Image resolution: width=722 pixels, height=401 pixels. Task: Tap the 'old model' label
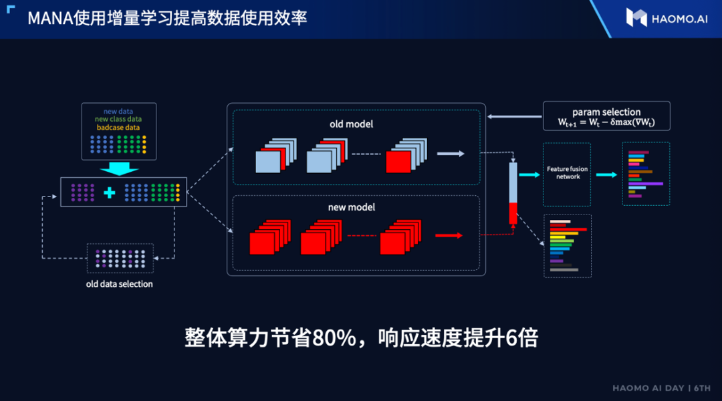coord(351,124)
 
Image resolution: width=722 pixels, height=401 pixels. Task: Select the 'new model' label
coord(351,207)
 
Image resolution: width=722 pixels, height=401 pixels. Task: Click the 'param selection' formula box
coord(606,117)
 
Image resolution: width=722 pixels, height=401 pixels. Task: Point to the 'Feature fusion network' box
coord(567,173)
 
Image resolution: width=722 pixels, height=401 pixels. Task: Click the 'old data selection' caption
coord(120,284)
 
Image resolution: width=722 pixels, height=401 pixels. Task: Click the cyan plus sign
coord(110,192)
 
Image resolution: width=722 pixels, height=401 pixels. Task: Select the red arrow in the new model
coord(449,235)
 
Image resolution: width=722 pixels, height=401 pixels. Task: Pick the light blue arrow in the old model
coord(450,154)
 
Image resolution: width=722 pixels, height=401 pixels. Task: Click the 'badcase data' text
coord(118,127)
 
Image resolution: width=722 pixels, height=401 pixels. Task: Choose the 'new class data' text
coord(118,119)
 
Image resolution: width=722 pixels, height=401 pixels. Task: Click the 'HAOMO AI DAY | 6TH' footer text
coord(662,388)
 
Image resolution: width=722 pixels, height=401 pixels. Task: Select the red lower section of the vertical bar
coord(513,213)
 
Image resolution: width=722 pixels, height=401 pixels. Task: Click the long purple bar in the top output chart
coord(646,182)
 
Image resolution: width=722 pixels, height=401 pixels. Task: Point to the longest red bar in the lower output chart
coord(568,229)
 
